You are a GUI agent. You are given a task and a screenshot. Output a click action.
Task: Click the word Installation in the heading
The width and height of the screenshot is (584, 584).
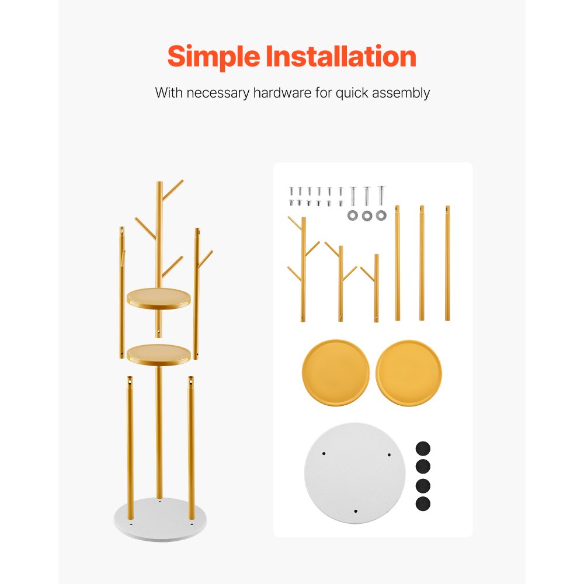pyautogui.click(x=340, y=57)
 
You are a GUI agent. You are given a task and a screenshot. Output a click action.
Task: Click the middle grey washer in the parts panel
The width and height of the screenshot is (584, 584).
pyautogui.click(x=367, y=215)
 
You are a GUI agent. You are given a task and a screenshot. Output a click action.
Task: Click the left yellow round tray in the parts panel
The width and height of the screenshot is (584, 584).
pyautogui.click(x=335, y=373)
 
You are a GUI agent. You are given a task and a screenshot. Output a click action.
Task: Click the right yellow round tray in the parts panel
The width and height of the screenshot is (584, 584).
pyautogui.click(x=409, y=373)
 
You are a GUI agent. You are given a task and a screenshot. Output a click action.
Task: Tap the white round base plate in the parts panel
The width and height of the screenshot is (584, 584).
pyautogui.click(x=355, y=473)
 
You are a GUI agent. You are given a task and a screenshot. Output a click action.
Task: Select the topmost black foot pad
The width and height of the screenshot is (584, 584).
pyautogui.click(x=423, y=449)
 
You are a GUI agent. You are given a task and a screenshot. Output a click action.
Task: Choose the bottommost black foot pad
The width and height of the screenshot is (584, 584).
pyautogui.click(x=423, y=503)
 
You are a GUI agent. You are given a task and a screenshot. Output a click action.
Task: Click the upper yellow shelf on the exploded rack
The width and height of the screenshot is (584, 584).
pyautogui.click(x=159, y=298)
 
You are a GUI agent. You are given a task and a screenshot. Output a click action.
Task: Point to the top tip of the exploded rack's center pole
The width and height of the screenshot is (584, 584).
pyautogui.click(x=159, y=183)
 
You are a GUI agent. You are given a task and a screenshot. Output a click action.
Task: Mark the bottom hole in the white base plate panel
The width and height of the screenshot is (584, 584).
pyautogui.click(x=356, y=511)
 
